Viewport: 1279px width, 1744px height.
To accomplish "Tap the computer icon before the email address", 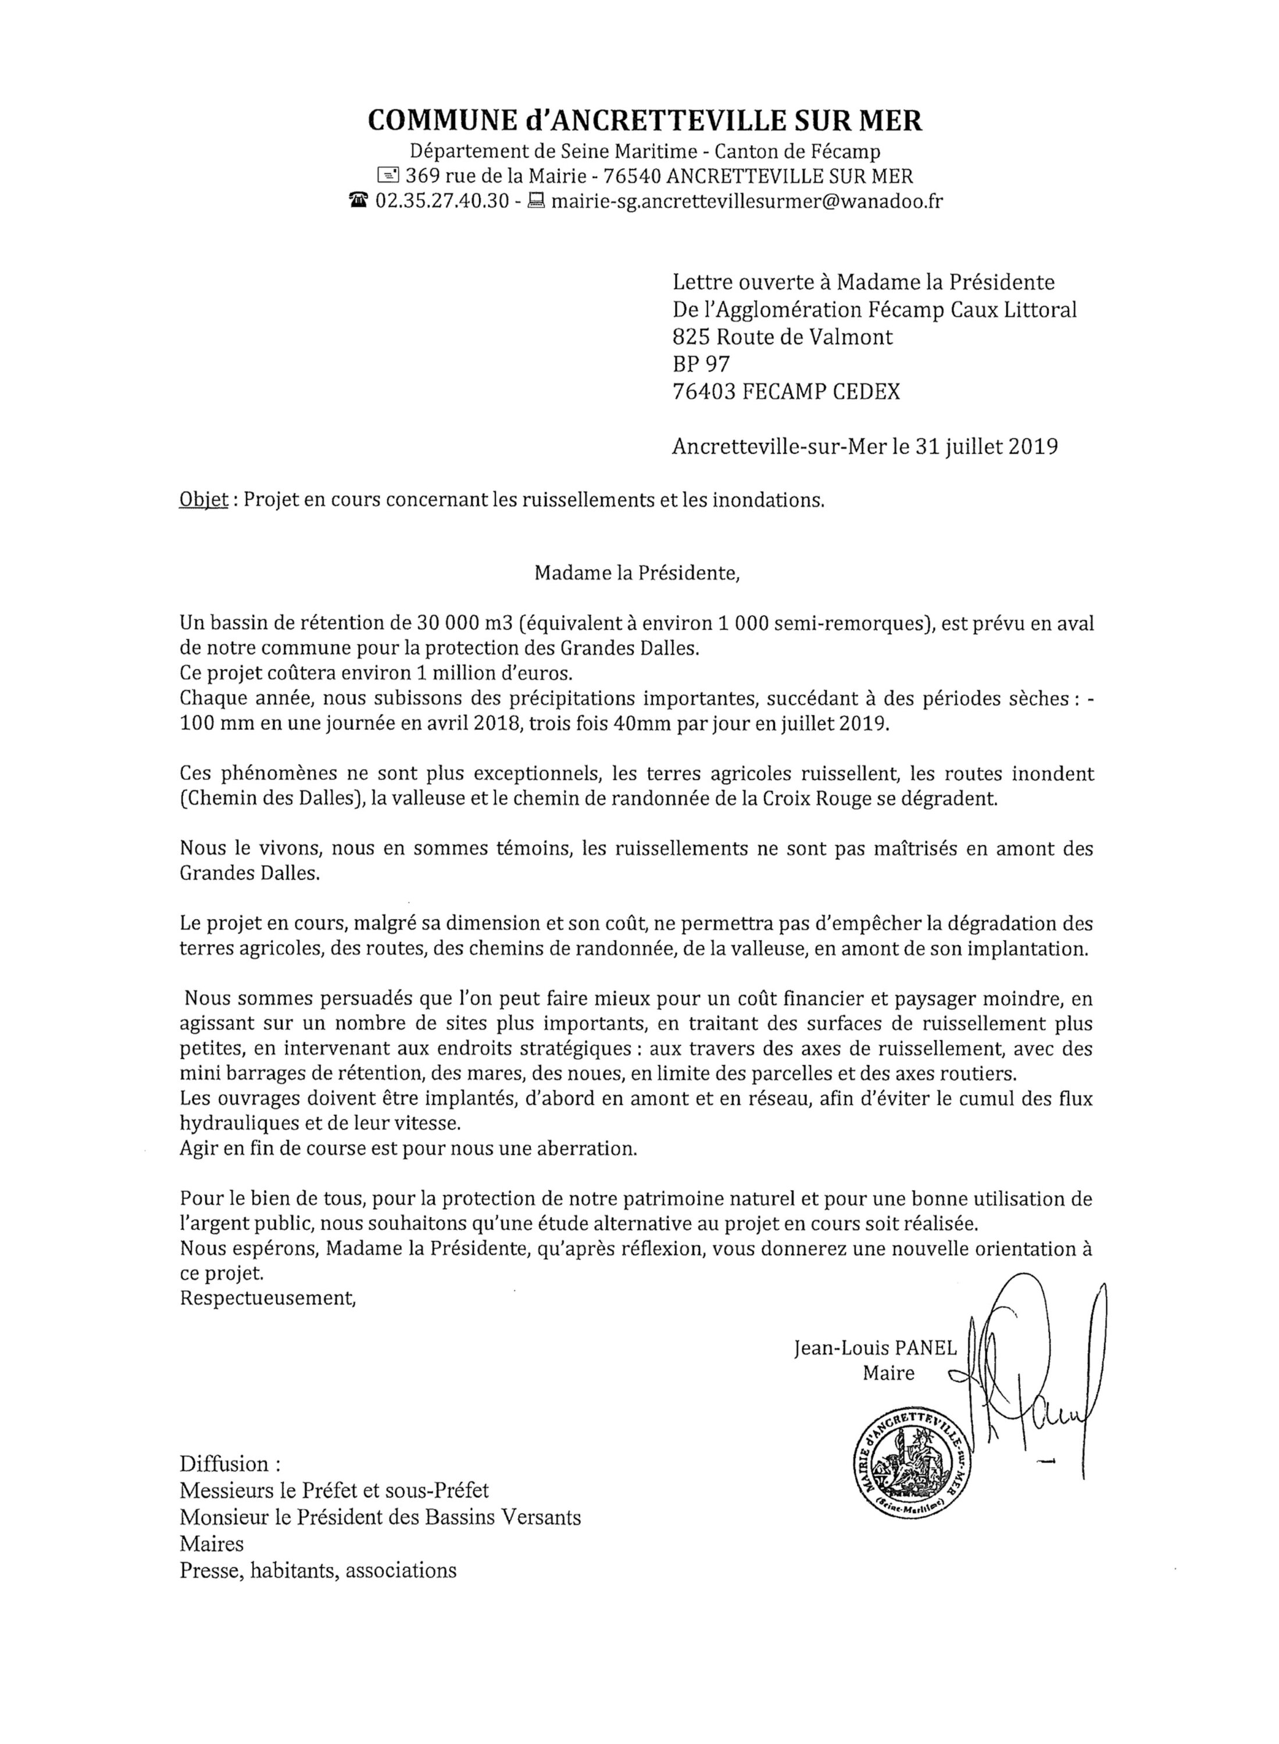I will click(535, 201).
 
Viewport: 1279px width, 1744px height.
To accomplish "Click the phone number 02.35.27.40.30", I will click(442, 201).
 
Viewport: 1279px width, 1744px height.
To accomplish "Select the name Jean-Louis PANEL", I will click(875, 1348).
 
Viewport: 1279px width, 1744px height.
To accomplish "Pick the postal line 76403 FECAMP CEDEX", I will click(787, 392).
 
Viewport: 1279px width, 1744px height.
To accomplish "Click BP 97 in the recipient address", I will click(702, 364).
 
